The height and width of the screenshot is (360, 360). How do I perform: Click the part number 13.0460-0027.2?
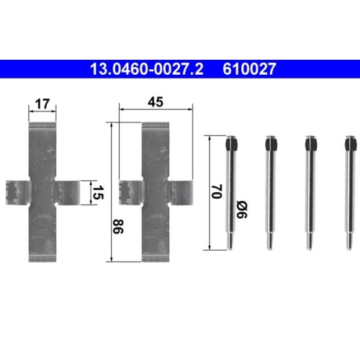[147, 69]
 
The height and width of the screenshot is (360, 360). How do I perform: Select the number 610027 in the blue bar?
[249, 69]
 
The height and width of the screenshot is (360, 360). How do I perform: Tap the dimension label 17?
[42, 104]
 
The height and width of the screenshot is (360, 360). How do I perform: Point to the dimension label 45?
[156, 102]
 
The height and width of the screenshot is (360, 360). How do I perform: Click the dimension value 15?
[98, 192]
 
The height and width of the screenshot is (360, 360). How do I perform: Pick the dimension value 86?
[118, 226]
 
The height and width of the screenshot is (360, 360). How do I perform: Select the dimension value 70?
[217, 192]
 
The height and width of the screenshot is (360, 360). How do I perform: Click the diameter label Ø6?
[242, 210]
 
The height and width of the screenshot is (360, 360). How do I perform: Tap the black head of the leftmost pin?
[232, 144]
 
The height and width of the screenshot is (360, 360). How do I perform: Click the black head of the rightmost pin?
[350, 144]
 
